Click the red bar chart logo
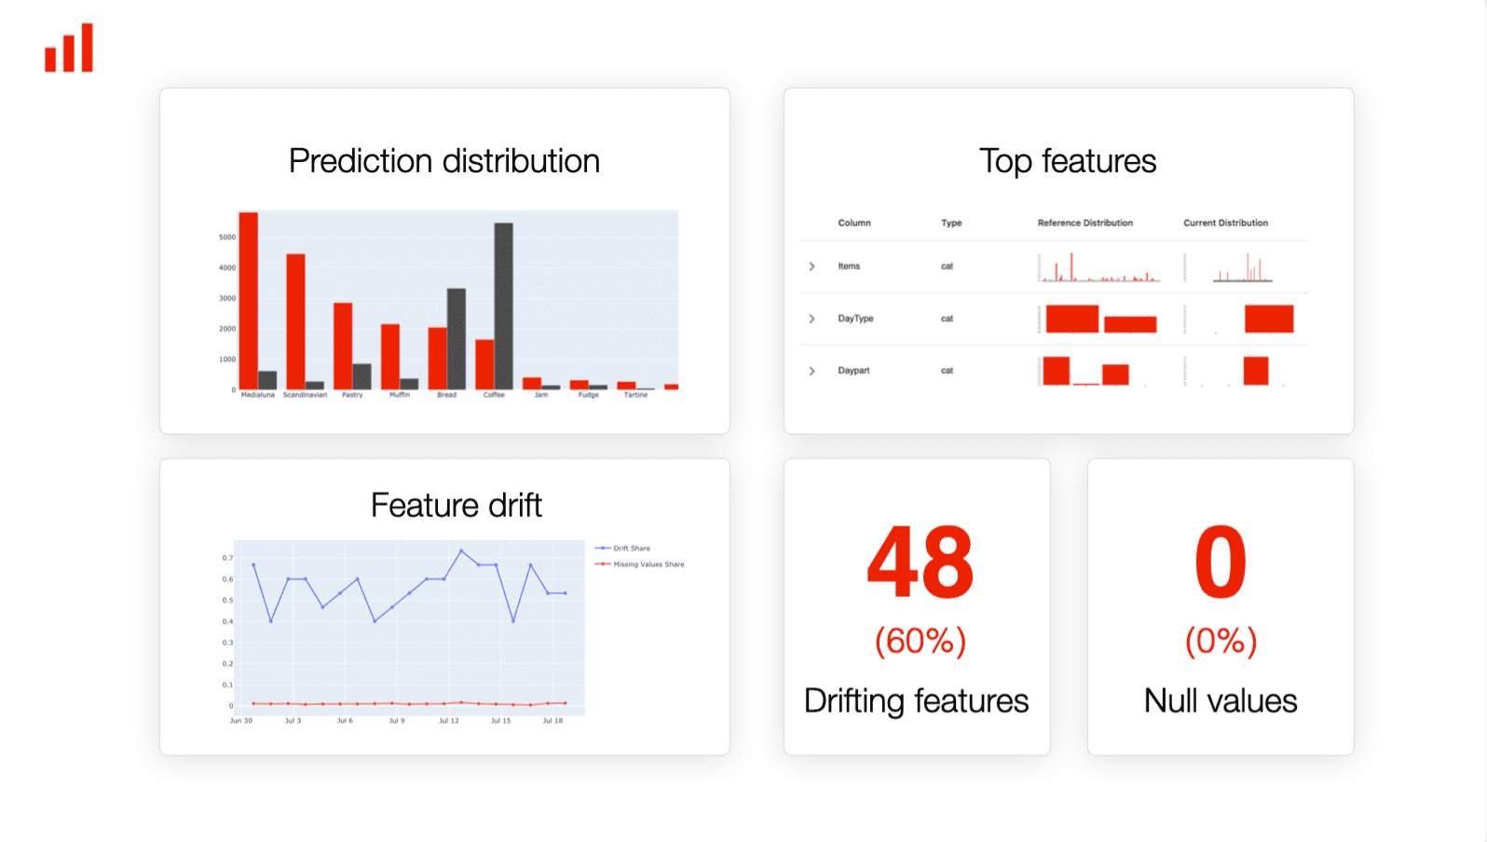point(69,48)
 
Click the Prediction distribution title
point(444,161)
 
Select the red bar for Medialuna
point(248,300)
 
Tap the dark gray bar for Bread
point(457,339)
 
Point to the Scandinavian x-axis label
point(305,395)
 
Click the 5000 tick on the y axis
point(227,238)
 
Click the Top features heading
point(1068,161)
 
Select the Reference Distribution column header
point(1085,224)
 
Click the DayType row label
point(855,319)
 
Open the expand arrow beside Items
point(812,266)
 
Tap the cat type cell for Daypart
point(947,371)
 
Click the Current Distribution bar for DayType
point(1268,319)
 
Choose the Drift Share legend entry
point(631,549)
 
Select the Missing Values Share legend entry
point(648,564)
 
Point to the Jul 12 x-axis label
point(449,721)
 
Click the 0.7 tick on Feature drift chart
point(227,558)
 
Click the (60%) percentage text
point(920,641)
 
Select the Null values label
point(1221,700)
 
